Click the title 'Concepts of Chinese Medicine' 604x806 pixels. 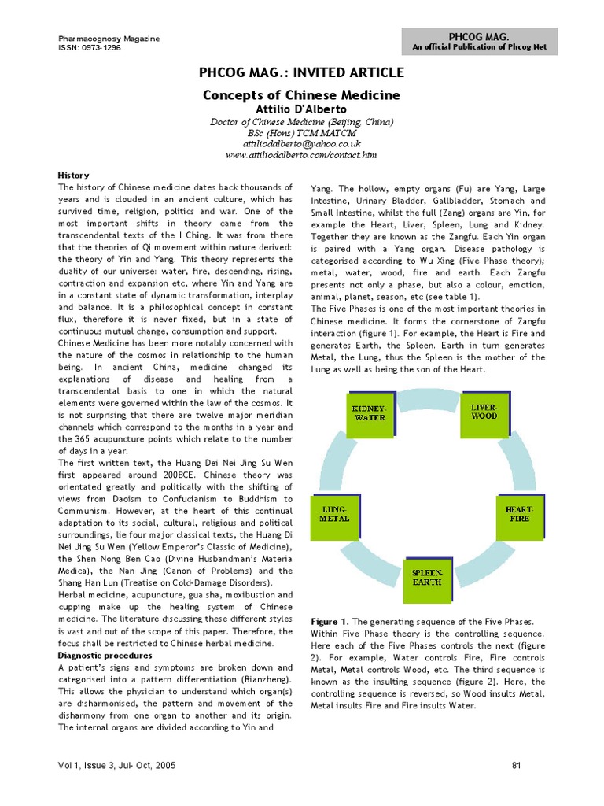302,95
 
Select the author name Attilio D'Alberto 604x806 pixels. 302,109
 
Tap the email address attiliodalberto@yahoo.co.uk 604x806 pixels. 302,144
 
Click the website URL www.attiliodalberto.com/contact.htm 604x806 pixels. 302,156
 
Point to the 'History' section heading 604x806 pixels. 74,175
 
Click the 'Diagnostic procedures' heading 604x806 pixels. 105,655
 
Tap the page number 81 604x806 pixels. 517,765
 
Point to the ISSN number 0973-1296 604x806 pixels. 90,46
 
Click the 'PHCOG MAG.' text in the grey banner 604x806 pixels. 479,36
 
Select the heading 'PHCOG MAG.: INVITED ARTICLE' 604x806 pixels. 302,73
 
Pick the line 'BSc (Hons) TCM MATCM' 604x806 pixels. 302,133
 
